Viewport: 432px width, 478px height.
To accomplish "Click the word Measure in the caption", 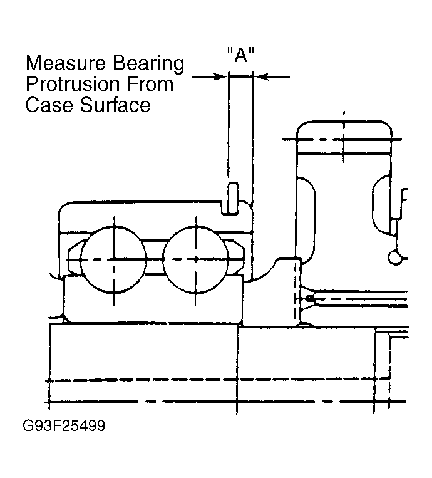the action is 66,63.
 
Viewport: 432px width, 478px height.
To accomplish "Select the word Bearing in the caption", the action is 148,65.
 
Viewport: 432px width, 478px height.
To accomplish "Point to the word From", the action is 150,84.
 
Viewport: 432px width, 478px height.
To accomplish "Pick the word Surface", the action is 115,105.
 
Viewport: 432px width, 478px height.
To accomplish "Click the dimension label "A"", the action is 240,55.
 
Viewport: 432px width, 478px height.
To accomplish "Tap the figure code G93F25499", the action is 64,425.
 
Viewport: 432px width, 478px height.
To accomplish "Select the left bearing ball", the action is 114,260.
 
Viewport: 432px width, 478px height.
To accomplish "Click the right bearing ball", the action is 196,260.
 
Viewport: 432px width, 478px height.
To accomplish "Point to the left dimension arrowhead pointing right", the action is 222,76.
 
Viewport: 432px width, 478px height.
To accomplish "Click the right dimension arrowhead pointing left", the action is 260,76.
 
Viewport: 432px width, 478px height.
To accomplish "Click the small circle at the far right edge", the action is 396,257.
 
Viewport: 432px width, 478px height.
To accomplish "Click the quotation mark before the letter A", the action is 230,50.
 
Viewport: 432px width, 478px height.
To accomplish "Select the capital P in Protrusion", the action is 32,84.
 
